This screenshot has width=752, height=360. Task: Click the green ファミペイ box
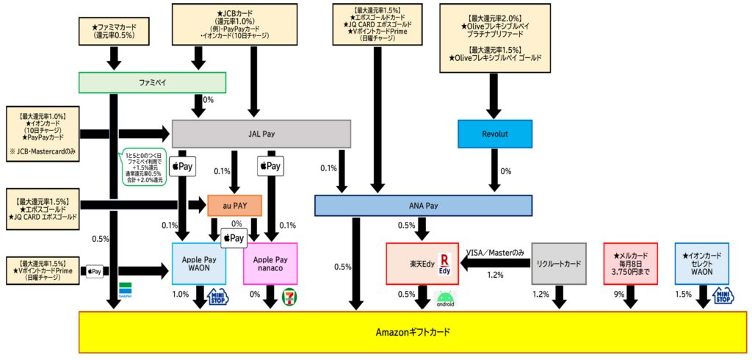(x=152, y=83)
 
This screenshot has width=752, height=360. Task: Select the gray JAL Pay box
(x=261, y=134)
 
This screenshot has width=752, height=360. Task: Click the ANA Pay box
(x=422, y=206)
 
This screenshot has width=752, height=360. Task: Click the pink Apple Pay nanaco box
(x=270, y=264)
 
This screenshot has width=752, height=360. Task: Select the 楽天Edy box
(x=422, y=264)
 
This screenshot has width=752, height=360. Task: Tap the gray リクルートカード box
(x=559, y=264)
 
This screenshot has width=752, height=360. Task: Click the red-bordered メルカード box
(x=630, y=264)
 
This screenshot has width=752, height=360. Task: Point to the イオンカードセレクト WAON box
(x=701, y=264)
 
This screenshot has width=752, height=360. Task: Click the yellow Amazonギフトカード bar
(x=412, y=332)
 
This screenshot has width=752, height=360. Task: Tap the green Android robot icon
(x=446, y=297)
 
